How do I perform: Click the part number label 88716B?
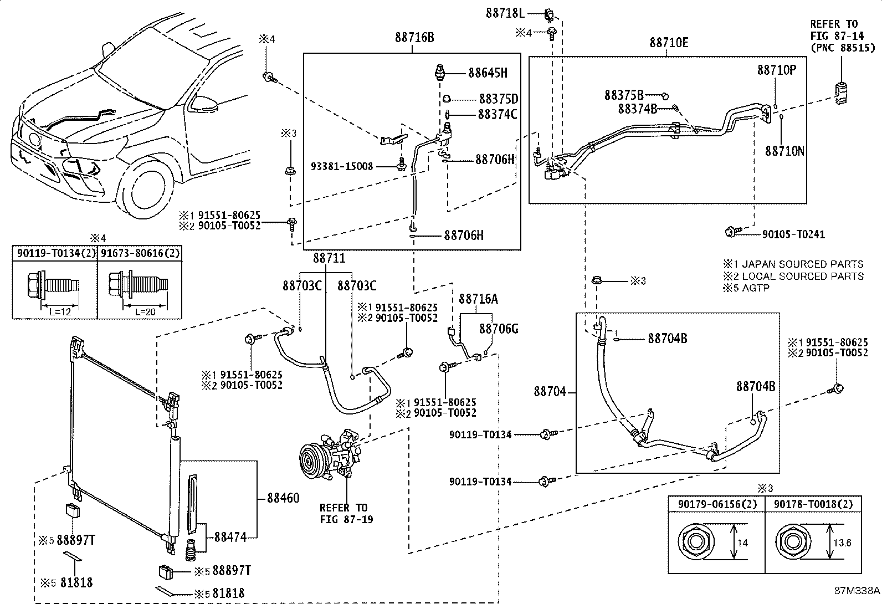click(414, 38)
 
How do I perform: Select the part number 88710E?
click(669, 42)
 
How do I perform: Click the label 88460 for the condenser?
click(283, 498)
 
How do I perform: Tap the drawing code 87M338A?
click(857, 591)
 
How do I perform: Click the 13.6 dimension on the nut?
click(843, 543)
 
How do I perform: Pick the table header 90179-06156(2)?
click(716, 504)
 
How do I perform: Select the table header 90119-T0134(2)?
click(55, 253)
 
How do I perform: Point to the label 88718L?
click(505, 12)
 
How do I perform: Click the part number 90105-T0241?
click(793, 234)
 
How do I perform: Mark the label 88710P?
click(777, 70)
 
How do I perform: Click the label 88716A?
click(478, 299)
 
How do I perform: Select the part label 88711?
click(329, 258)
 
